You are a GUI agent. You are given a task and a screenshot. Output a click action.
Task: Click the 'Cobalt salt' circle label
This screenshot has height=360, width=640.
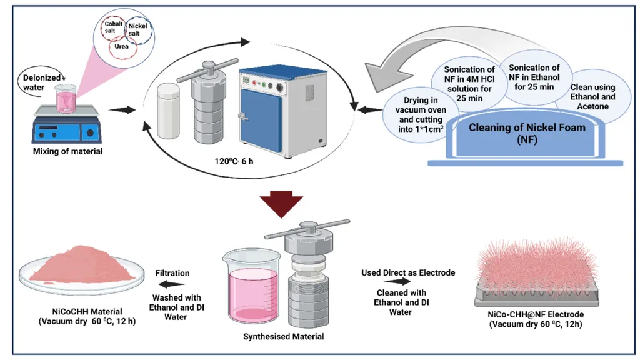pyautogui.click(x=114, y=27)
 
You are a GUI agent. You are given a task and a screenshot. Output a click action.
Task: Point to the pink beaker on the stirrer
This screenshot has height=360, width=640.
pyautogui.click(x=64, y=100)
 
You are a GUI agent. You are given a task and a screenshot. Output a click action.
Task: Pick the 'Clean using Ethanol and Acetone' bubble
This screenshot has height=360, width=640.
pyautogui.click(x=592, y=97)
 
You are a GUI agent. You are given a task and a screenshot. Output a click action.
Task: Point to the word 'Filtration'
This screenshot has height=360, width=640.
pyautogui.click(x=172, y=273)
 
